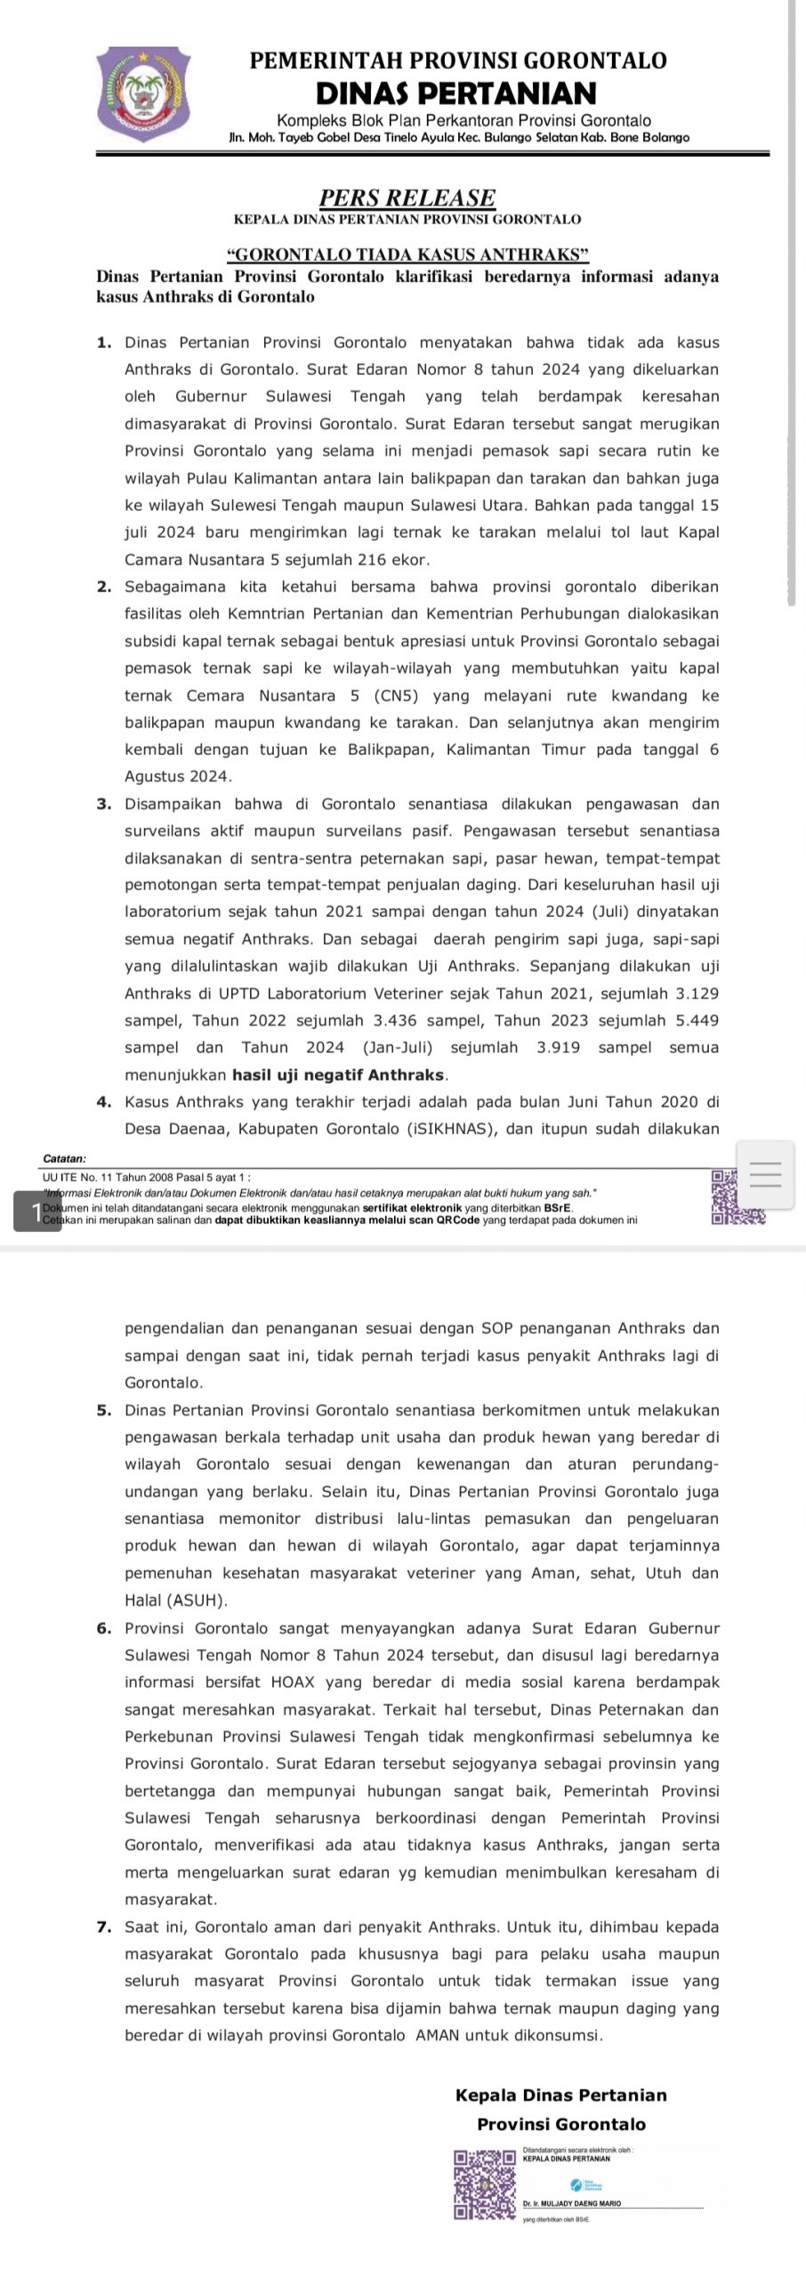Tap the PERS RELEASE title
pyautogui.click(x=407, y=197)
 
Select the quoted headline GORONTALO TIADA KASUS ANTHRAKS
pyautogui.click(x=407, y=255)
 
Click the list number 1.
pyautogui.click(x=104, y=343)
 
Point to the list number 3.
pyautogui.click(x=104, y=805)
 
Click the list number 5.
pyautogui.click(x=104, y=1410)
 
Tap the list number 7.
pyautogui.click(x=104, y=1926)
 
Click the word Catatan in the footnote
pyautogui.click(x=64, y=1158)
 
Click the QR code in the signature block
pyautogui.click(x=485, y=2186)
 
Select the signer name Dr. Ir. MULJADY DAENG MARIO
pyautogui.click(x=571, y=2203)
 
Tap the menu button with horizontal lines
pyautogui.click(x=766, y=1174)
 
